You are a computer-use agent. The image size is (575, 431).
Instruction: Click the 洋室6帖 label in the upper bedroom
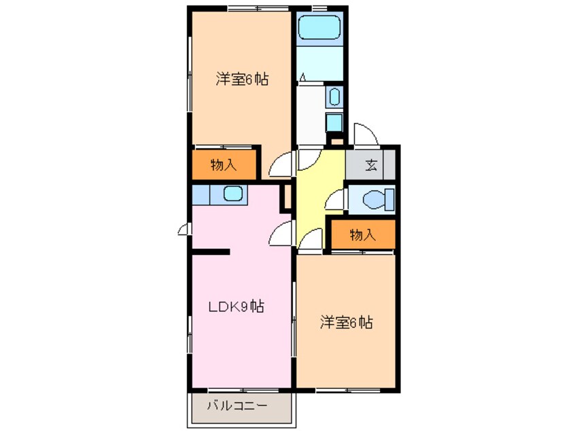242,80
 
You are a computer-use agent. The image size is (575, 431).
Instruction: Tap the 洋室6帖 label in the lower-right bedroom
347,322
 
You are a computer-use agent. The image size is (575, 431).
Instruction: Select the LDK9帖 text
235,307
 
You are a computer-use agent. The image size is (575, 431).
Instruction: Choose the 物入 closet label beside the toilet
362,235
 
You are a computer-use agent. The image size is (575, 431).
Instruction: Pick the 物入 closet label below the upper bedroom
223,165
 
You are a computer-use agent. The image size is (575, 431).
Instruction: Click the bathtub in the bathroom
321,29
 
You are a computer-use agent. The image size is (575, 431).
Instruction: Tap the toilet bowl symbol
377,201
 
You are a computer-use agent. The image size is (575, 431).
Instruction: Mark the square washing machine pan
334,122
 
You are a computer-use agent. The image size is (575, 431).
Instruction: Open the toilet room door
335,200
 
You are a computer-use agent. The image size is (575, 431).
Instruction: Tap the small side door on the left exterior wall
183,230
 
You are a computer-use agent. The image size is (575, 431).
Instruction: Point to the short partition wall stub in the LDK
211,252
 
